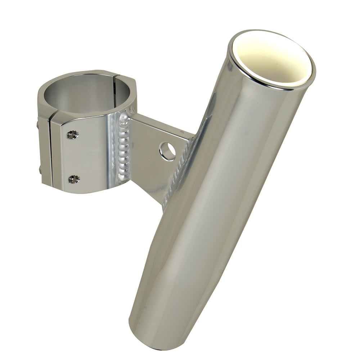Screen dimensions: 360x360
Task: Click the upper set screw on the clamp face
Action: pyautogui.click(x=73, y=135)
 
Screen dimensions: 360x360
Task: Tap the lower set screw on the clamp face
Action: pyautogui.click(x=74, y=179)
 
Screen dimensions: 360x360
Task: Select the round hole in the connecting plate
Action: pyautogui.click(x=167, y=151)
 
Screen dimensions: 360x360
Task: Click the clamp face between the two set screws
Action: pyautogui.click(x=77, y=157)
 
